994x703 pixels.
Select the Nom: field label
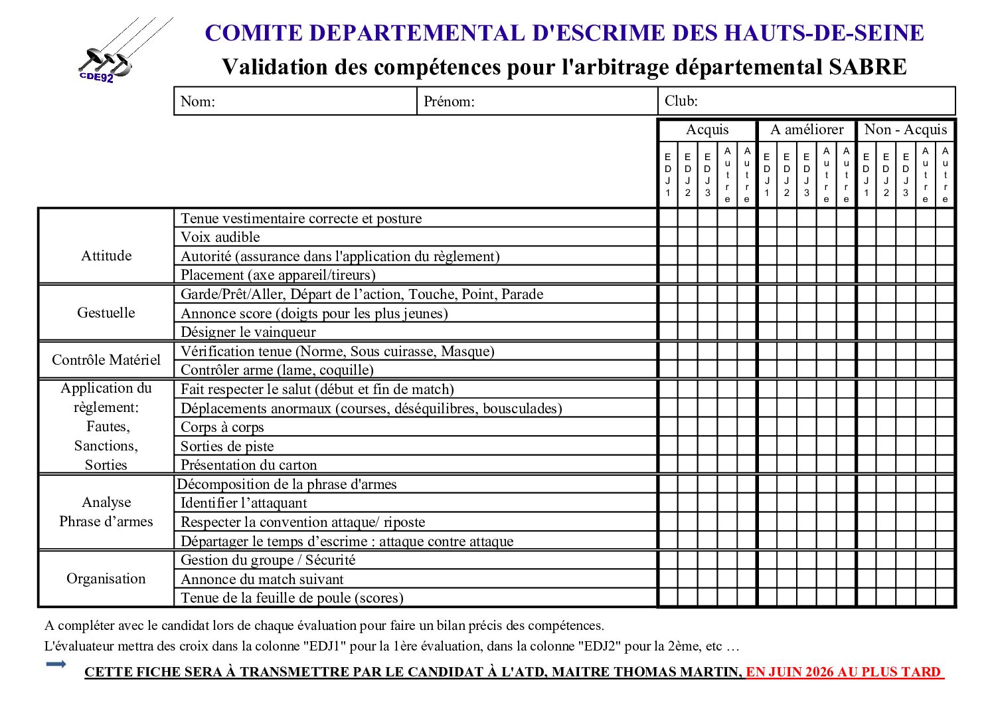click(197, 102)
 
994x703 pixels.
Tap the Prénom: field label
click(449, 102)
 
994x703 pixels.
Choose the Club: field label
click(681, 101)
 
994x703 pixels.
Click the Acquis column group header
click(707, 130)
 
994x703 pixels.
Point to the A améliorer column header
click(807, 130)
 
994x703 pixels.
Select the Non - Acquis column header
click(906, 130)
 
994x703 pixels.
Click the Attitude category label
click(106, 256)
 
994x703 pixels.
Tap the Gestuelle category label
click(106, 313)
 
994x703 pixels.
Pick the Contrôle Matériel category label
click(106, 360)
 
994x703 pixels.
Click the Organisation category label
click(106, 579)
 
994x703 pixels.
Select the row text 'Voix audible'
click(220, 237)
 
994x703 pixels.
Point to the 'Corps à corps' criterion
click(222, 427)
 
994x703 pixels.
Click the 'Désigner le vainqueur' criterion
click(248, 332)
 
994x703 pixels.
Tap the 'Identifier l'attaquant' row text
click(244, 503)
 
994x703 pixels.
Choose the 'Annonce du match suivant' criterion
click(262, 579)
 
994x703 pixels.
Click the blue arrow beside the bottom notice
click(56, 664)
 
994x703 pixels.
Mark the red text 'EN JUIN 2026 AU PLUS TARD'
click(843, 672)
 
